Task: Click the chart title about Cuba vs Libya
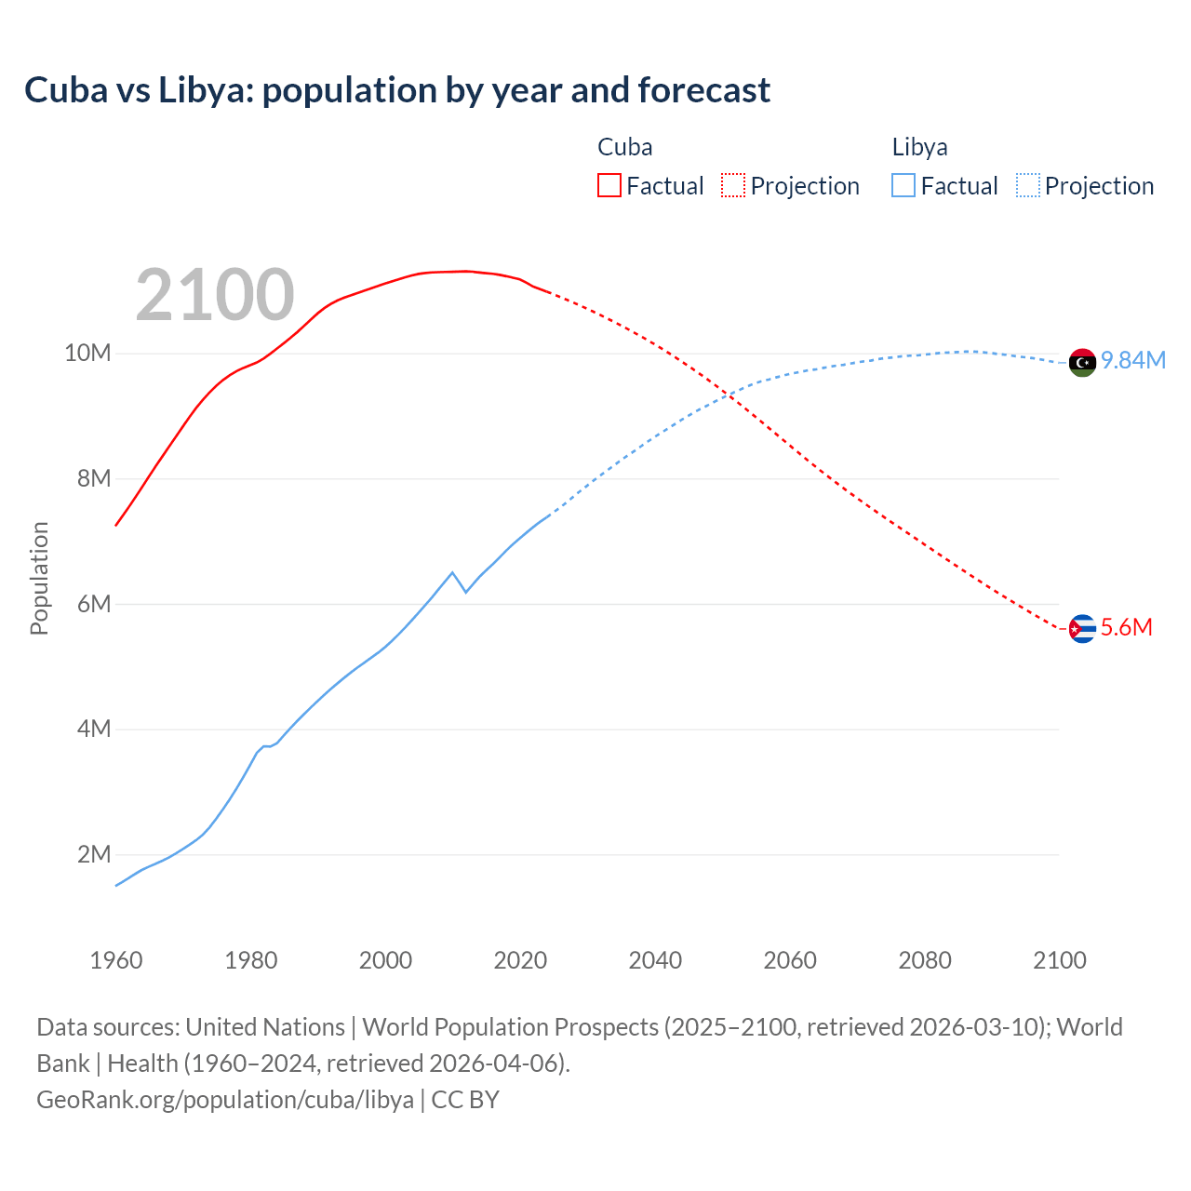397,90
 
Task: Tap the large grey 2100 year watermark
215,295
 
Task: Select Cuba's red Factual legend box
609,185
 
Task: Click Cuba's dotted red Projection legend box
733,185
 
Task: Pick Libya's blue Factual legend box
903,185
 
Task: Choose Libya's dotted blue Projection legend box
1028,185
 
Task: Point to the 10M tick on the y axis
87,354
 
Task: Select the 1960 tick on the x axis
116,960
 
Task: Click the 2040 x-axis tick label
655,960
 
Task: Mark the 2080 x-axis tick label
925,960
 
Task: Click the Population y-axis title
39,578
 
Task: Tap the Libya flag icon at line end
1082,362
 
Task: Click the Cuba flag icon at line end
1082,629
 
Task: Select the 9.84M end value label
1133,361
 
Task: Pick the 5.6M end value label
1127,628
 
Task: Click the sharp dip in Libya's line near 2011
465,592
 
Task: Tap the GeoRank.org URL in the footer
225,1100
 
